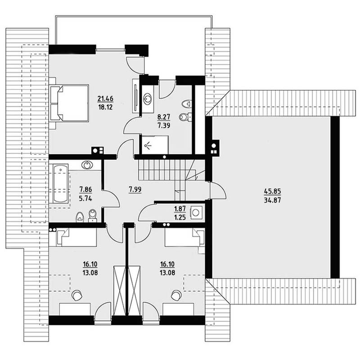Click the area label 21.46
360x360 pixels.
tap(105, 99)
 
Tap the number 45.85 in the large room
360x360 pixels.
tap(273, 191)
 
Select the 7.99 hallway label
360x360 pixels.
tap(135, 189)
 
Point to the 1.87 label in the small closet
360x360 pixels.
tap(180, 209)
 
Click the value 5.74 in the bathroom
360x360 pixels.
tap(85, 198)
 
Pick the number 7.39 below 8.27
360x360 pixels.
tap(164, 126)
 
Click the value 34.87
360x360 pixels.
tap(273, 200)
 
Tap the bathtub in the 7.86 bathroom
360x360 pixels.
tap(61, 183)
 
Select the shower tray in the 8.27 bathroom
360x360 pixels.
tap(155, 144)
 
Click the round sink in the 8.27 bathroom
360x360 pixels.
tap(147, 99)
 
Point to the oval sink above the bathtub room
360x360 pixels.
tap(87, 165)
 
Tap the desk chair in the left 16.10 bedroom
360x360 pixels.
tap(76, 295)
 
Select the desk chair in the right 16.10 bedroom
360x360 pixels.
tap(176, 295)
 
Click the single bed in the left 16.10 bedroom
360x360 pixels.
tap(73, 238)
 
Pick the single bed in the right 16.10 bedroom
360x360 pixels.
tap(184, 238)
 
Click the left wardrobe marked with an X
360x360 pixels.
tap(120, 291)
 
